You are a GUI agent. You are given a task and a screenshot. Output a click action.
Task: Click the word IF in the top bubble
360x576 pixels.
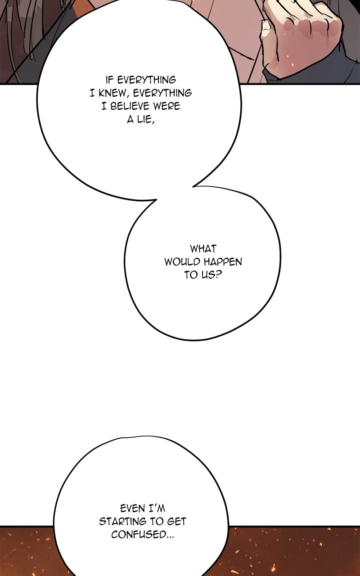point(109,80)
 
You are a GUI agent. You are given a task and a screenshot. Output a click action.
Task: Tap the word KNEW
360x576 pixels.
point(113,93)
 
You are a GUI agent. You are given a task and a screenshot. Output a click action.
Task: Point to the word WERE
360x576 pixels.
point(166,106)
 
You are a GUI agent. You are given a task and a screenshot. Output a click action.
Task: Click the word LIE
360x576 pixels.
point(144,119)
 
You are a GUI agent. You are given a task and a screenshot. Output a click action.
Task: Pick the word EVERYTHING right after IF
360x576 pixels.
point(147,80)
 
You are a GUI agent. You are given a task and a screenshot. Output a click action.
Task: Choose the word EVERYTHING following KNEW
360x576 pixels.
point(162,93)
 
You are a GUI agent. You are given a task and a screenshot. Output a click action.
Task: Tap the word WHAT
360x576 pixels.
point(203,249)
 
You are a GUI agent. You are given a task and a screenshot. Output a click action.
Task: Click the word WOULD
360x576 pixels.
point(182,262)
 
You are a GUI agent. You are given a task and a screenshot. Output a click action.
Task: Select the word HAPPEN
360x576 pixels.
point(223,262)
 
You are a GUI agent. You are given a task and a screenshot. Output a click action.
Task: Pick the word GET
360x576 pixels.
point(177,522)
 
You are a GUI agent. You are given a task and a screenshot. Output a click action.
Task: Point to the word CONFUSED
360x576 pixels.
point(139,535)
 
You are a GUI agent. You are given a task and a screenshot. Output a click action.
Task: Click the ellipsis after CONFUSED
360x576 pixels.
point(170,537)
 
